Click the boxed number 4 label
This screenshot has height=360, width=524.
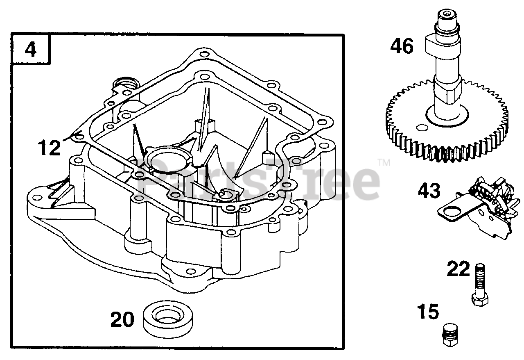[31, 50]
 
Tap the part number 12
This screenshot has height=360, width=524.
[49, 148]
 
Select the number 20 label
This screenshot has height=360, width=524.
[122, 319]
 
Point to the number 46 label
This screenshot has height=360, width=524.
[402, 46]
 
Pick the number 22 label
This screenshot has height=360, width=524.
[458, 269]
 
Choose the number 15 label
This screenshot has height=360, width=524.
[428, 312]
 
